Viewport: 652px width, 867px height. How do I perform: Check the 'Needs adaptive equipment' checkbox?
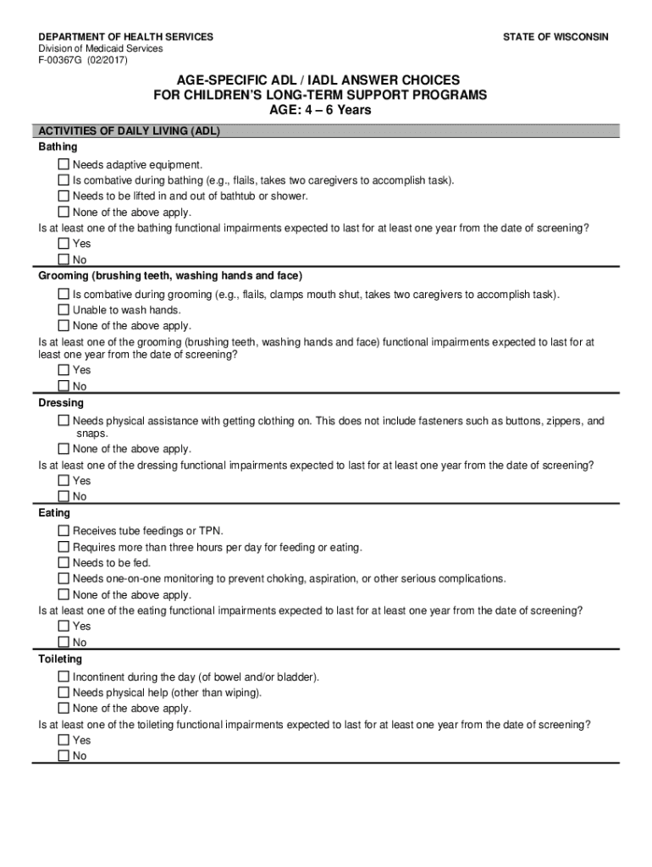pyautogui.click(x=64, y=164)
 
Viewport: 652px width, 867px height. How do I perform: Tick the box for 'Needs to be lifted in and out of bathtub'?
pyautogui.click(x=64, y=196)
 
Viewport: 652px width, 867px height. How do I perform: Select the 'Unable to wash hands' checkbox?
pyautogui.click(x=64, y=310)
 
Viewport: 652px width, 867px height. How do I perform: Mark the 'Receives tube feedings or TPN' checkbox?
pyautogui.click(x=64, y=531)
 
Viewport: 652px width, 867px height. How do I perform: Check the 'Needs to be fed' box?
pyautogui.click(x=64, y=563)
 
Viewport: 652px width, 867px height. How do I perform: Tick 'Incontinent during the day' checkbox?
pyautogui.click(x=64, y=677)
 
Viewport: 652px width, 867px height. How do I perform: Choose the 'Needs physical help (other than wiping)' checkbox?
pyautogui.click(x=64, y=693)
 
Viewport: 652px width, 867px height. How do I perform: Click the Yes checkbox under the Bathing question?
pyautogui.click(x=64, y=244)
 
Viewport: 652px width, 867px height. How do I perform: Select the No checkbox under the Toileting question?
pyautogui.click(x=64, y=756)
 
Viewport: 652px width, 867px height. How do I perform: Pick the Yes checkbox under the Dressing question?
pyautogui.click(x=64, y=481)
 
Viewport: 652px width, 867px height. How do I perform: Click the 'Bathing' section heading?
pyautogui.click(x=58, y=147)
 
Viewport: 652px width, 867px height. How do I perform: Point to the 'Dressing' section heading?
pyautogui.click(x=61, y=403)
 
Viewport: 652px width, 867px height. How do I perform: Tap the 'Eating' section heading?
pyautogui.click(x=54, y=513)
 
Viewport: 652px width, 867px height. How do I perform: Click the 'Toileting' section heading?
pyautogui.click(x=60, y=659)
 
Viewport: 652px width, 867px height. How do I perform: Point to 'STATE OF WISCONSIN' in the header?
pyautogui.click(x=555, y=37)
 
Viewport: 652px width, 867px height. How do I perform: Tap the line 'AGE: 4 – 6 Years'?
pyautogui.click(x=320, y=110)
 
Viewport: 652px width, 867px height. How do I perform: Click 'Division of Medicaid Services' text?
pyautogui.click(x=101, y=49)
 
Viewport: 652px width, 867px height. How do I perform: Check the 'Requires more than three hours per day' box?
pyautogui.click(x=64, y=547)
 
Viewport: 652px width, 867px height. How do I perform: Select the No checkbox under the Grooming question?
pyautogui.click(x=64, y=386)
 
